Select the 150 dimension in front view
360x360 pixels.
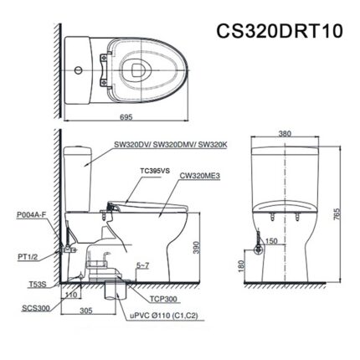tap(271, 242)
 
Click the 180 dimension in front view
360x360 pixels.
tap(241, 266)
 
